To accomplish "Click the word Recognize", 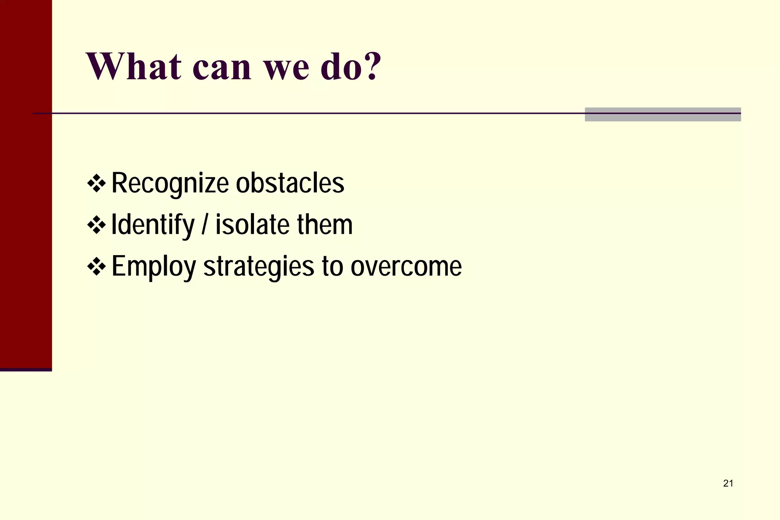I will click(170, 184).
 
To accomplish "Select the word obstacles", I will click(290, 183).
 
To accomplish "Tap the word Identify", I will click(153, 225).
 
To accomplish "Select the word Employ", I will click(153, 267).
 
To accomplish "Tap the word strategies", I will click(259, 267).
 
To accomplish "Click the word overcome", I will click(406, 266).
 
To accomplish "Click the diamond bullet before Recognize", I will click(96, 183).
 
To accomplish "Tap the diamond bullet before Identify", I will click(96, 225).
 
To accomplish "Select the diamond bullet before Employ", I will click(96, 266).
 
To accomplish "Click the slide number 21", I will click(728, 483).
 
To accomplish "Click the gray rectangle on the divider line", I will click(663, 115).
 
